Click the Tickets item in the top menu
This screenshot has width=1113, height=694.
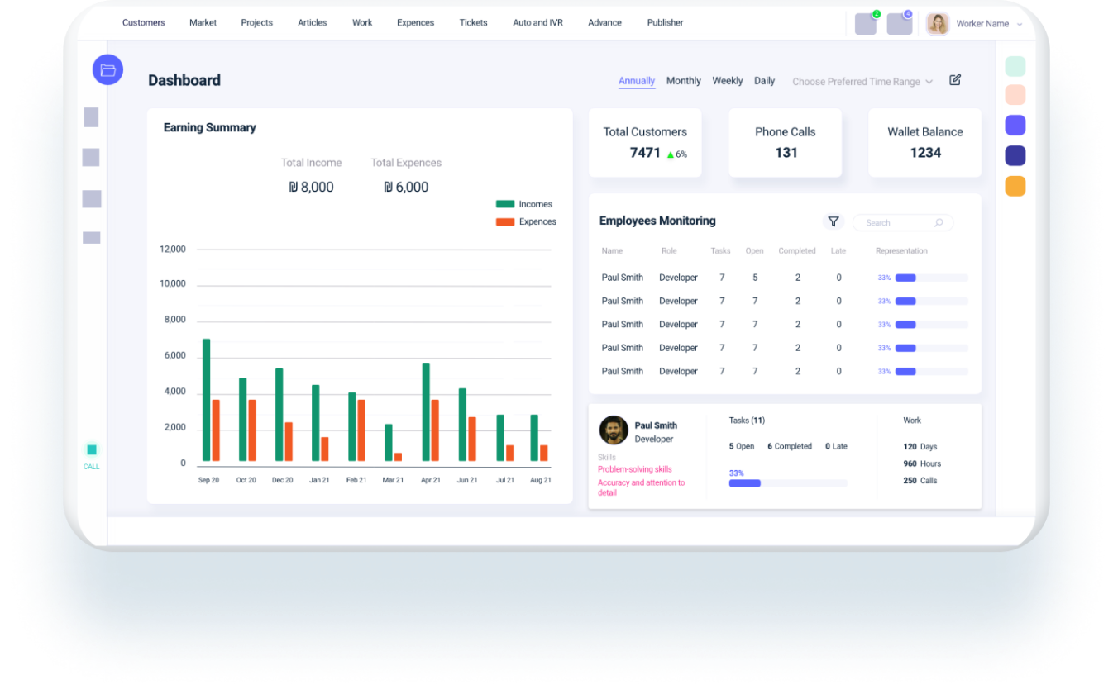pos(473,22)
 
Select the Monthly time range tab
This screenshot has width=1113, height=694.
pos(683,81)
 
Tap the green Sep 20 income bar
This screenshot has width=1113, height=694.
pos(206,400)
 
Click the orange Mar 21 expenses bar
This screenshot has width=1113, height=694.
pos(398,457)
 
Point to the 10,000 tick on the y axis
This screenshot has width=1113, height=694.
pos(173,284)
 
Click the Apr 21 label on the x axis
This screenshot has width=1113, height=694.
pos(430,480)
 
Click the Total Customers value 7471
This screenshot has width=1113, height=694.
pos(645,153)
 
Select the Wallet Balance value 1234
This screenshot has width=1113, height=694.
pos(925,153)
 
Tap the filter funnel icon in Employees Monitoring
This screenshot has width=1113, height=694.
pos(834,221)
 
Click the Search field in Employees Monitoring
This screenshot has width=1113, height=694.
pos(897,223)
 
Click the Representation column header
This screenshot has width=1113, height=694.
pos(901,251)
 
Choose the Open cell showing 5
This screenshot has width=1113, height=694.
pos(755,278)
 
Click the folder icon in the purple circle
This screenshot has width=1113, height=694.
pos(107,70)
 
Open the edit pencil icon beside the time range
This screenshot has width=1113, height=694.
pos(955,80)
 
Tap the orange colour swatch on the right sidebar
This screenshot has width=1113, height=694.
pos(1015,186)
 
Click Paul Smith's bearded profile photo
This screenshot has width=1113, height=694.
pos(614,430)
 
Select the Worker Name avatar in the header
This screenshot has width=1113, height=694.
pos(938,24)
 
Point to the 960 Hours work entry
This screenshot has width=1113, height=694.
pos(922,463)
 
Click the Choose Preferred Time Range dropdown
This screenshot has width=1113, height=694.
pos(862,82)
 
